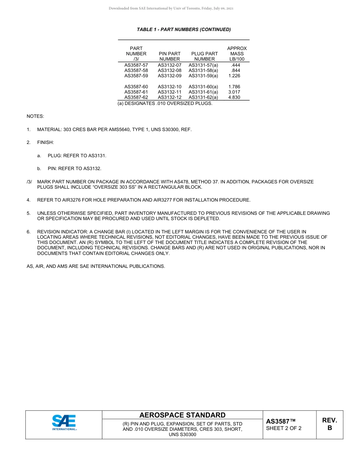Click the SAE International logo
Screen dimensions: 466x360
click(64, 422)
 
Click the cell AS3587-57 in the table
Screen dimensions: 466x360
click(136, 65)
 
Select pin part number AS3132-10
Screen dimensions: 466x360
click(169, 87)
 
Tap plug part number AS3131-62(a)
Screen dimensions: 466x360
click(203, 97)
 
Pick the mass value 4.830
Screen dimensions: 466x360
click(234, 97)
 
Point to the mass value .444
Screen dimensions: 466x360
click(235, 65)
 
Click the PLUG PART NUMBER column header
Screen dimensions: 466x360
click(204, 56)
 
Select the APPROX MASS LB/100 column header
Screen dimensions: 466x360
click(237, 53)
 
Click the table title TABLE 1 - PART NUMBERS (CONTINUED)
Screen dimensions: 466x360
click(184, 30)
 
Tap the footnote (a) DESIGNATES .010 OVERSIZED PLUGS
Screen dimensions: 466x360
click(165, 103)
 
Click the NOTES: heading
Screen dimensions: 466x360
click(35, 116)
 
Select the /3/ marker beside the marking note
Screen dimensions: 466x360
click(29, 182)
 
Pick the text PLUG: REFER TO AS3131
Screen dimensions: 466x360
click(77, 156)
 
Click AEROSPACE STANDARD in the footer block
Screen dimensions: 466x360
click(182, 415)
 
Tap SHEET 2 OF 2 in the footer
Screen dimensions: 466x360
click(284, 428)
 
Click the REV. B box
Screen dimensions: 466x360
click(329, 424)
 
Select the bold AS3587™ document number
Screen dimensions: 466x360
click(280, 421)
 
